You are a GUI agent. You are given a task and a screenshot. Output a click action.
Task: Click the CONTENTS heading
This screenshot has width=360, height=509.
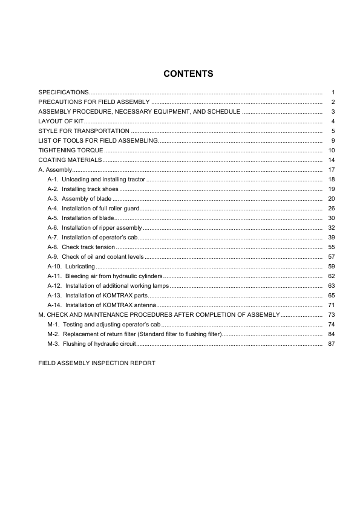click(188, 74)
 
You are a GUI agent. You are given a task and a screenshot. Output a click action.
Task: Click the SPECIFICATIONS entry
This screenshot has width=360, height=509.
click(64, 92)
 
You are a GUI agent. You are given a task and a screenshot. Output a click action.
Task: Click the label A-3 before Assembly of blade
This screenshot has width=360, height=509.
click(53, 199)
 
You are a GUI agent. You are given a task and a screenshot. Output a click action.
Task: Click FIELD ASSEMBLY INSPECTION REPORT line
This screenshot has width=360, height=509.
click(97, 363)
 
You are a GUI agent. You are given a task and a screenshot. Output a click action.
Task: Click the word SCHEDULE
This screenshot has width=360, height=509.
click(224, 111)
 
